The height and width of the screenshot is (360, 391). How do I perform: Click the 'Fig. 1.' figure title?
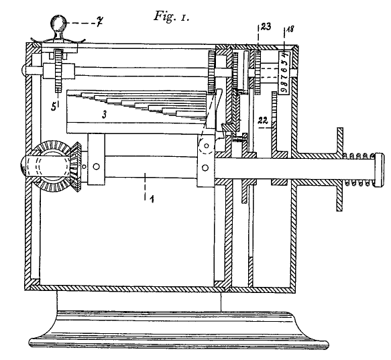(172, 17)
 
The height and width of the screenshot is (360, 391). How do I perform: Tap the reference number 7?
(99, 23)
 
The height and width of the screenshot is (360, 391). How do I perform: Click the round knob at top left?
(59, 23)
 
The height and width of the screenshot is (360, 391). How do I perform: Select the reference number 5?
(54, 107)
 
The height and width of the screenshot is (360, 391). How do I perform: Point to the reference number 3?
(105, 115)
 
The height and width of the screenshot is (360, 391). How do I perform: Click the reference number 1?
(152, 199)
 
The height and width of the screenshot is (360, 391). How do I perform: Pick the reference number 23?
(266, 26)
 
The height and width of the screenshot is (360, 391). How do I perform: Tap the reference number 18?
(290, 29)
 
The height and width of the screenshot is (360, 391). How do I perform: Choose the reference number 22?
(263, 121)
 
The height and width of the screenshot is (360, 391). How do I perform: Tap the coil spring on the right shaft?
(359, 170)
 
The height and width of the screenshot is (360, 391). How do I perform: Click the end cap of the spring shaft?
(378, 170)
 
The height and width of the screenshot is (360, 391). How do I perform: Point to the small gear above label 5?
(58, 71)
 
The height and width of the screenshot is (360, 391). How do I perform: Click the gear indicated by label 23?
(258, 72)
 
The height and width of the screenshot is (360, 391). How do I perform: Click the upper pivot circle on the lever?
(207, 145)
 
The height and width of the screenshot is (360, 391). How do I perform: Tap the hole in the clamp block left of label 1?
(97, 166)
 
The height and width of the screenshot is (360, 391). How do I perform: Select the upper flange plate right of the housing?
(340, 141)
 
